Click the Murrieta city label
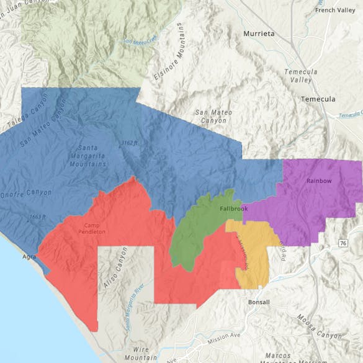(x=259, y=34)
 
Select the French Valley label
(x=335, y=11)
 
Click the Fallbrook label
(x=234, y=208)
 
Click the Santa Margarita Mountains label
(x=91, y=156)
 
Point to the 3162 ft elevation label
(x=130, y=143)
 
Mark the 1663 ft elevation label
(x=37, y=217)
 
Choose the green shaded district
(x=192, y=236)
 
